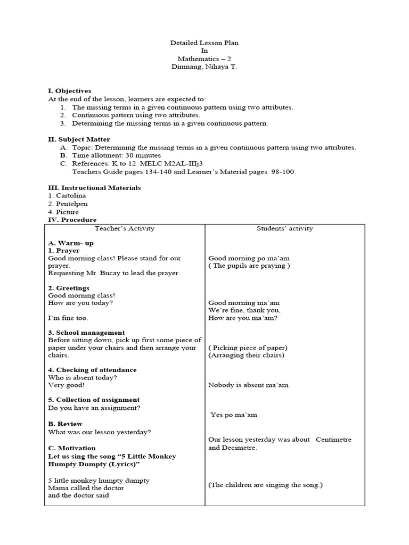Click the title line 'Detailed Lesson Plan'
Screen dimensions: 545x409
tap(201, 43)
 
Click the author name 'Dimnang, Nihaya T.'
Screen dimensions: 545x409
tap(201, 67)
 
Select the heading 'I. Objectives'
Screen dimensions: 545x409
tap(70, 91)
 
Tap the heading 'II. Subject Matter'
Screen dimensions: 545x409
tap(79, 139)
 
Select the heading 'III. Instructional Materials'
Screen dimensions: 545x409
tap(94, 188)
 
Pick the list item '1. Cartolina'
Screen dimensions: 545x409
tap(67, 196)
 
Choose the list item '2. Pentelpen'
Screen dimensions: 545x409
tap(68, 204)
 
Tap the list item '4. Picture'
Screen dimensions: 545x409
tap(63, 212)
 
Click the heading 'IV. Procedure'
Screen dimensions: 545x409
tap(72, 220)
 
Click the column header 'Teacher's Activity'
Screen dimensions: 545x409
tap(125, 229)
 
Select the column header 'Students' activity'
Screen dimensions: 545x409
tap(285, 229)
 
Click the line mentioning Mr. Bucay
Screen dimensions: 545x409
tap(114, 273)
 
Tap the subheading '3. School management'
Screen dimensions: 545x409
tap(86, 333)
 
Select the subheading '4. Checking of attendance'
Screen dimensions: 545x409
tap(92, 370)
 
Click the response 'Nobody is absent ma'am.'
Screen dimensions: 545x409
tap(249, 385)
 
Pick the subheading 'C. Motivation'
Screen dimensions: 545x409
tap(72, 448)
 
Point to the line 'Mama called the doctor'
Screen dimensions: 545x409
tap(86, 488)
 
